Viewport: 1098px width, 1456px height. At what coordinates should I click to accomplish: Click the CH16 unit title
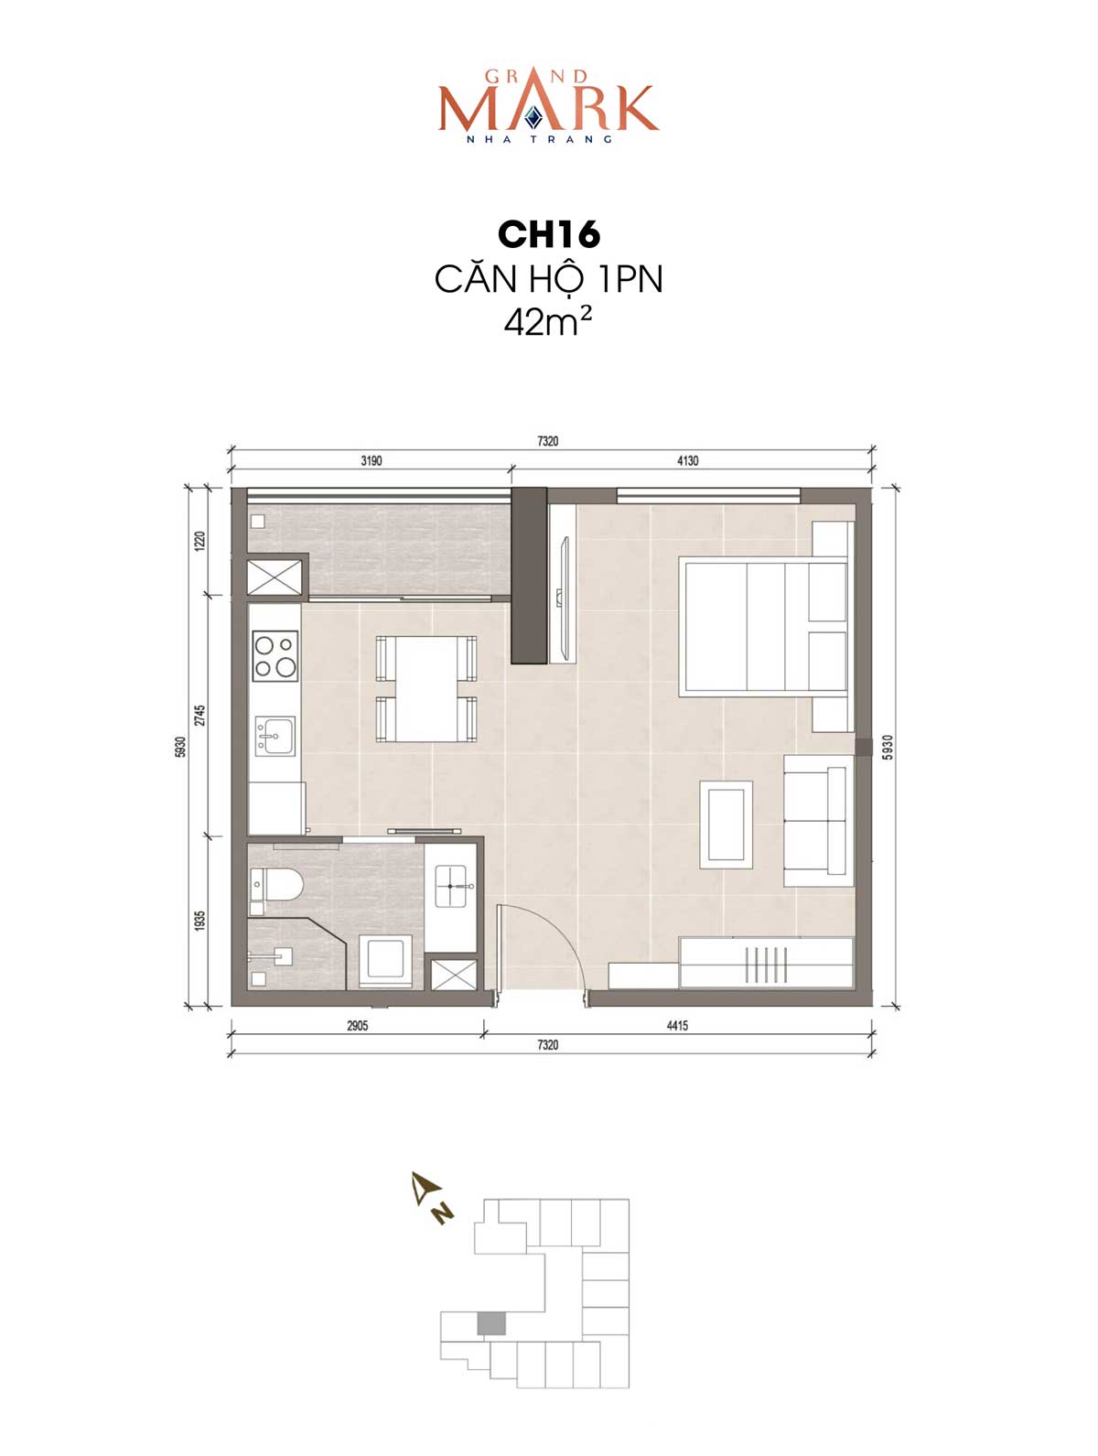tap(548, 235)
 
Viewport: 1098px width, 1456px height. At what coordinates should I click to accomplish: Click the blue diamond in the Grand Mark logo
tap(533, 117)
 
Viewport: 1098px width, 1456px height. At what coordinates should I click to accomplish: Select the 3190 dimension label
tap(371, 460)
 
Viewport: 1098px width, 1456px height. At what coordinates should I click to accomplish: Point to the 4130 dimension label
tap(687, 460)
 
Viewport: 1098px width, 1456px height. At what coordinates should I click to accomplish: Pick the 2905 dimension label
tap(358, 1026)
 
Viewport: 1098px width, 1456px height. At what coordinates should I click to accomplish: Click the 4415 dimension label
tap(677, 1026)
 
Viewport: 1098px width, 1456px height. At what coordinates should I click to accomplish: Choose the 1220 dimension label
tap(200, 541)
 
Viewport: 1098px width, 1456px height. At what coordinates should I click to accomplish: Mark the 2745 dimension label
tap(200, 716)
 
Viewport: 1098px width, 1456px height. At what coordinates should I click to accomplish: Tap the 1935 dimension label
tap(200, 920)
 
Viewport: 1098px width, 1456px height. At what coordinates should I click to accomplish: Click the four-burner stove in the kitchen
tap(275, 656)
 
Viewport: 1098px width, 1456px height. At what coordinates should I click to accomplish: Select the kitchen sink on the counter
tap(275, 735)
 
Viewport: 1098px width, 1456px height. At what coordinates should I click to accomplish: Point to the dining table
tap(426, 688)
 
